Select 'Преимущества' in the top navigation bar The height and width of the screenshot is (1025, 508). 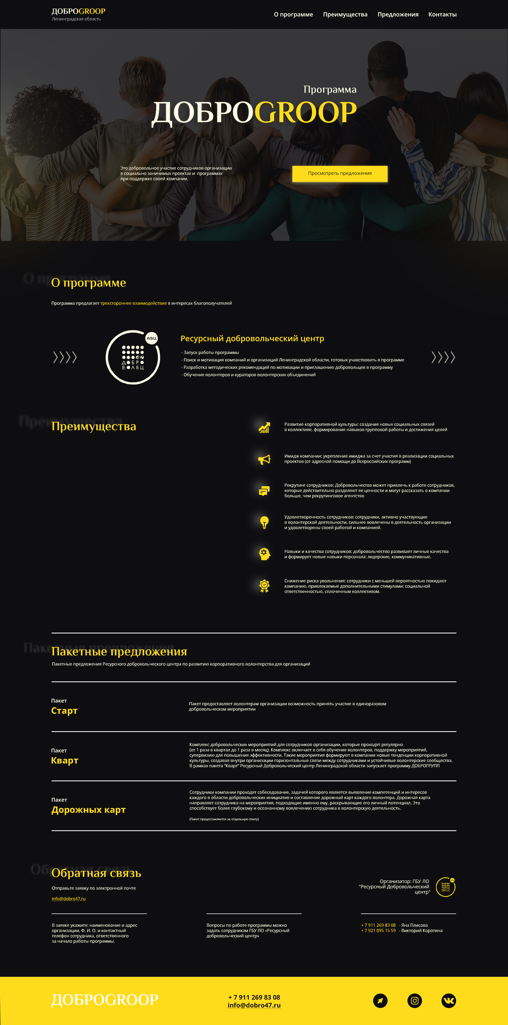345,14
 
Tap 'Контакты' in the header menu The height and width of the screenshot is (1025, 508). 442,14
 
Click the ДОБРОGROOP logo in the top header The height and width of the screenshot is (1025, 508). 78,12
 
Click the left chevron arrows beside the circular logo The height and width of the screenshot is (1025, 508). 65,357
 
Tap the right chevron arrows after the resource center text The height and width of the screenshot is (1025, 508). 443,357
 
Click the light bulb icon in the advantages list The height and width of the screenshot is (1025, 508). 264,522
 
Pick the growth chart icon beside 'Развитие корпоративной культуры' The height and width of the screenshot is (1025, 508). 264,427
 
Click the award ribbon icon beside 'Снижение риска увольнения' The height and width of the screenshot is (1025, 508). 264,586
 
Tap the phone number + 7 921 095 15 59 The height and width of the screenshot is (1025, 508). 378,931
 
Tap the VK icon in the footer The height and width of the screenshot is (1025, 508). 449,1000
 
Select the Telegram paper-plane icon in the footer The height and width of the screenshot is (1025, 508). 380,1000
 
